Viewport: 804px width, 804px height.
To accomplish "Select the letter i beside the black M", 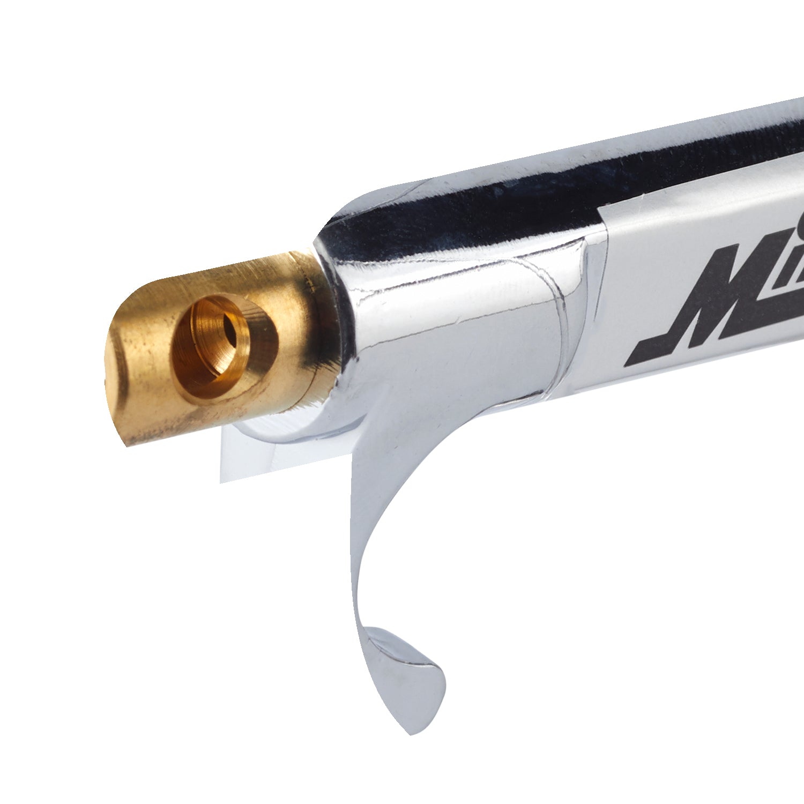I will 788,252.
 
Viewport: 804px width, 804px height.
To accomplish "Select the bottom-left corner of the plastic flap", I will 221,481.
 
